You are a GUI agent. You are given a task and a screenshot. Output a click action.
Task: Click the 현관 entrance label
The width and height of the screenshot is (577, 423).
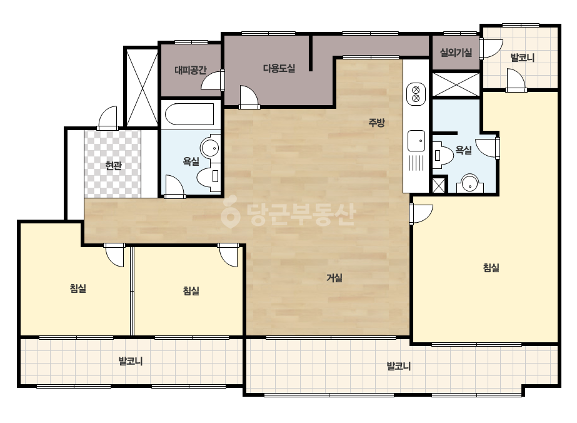pos(113,166)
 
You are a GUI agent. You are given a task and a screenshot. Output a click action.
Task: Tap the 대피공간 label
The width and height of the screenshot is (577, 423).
pos(191,69)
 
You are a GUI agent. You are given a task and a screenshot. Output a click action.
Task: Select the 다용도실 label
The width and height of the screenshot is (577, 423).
pos(279,68)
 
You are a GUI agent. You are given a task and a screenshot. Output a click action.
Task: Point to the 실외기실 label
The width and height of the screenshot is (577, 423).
pos(456,53)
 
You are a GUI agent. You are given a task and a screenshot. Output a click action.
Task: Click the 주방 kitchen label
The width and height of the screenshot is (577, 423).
pos(376,122)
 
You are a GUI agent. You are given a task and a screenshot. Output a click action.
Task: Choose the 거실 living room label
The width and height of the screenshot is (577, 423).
pos(334,277)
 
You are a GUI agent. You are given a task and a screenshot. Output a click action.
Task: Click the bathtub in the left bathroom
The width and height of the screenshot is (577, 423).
pos(189,115)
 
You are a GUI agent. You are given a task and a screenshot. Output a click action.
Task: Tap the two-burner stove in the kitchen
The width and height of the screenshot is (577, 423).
pos(416,94)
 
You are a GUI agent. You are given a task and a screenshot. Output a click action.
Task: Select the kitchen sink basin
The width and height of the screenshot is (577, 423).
pos(416,141)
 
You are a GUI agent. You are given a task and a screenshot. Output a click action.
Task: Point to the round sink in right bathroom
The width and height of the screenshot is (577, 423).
pos(469,183)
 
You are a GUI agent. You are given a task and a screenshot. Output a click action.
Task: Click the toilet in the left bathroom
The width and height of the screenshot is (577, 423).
pos(208,177)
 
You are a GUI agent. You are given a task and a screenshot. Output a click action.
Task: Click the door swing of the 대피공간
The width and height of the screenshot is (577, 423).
pos(213,80)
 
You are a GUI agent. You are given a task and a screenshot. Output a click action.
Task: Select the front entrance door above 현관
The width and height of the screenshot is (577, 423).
pos(108,118)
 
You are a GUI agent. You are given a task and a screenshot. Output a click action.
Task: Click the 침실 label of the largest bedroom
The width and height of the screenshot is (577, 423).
pos(491,268)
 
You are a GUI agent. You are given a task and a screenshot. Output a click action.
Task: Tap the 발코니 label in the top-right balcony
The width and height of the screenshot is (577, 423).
pos(522,58)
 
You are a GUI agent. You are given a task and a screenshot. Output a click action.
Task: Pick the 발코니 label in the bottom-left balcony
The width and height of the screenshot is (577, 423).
pos(130,361)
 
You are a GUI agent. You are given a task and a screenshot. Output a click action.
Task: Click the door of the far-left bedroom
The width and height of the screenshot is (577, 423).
pos(114,255)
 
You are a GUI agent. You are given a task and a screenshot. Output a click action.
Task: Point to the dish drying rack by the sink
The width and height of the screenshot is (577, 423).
pos(416,163)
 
